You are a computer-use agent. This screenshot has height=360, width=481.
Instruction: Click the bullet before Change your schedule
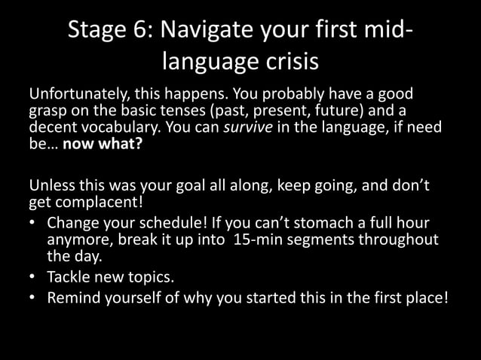(x=33, y=224)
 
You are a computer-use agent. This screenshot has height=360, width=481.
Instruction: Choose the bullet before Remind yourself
(x=33, y=297)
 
